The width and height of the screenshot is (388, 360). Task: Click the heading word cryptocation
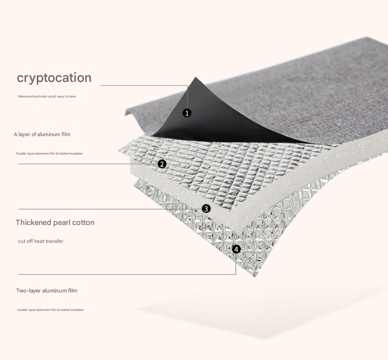pos(54,78)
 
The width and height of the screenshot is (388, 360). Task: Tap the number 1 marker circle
pos(186,113)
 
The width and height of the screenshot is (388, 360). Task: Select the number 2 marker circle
pos(162,164)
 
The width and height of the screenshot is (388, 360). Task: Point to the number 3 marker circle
pos(206,209)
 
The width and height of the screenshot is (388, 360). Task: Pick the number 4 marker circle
pos(236,249)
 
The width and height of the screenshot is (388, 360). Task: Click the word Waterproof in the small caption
pos(25,96)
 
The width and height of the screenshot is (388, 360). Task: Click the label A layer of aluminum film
pos(42,134)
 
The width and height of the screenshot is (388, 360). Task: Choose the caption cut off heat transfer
pos(40,241)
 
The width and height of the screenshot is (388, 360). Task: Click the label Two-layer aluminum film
pos(46,291)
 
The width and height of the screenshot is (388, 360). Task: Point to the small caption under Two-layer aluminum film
pos(50,310)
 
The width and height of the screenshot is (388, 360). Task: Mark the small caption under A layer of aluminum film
pos(49,153)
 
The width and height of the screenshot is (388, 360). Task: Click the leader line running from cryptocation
pos(144,85)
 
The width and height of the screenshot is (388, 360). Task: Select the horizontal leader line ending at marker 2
pos(87,164)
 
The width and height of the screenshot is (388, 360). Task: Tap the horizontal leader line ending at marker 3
pos(110,209)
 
